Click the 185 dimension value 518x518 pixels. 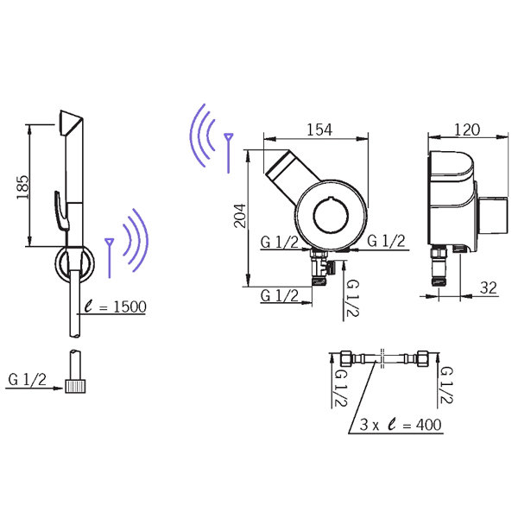pyautogui.click(x=23, y=187)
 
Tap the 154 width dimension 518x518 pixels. pyautogui.click(x=319, y=129)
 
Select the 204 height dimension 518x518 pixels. pyautogui.click(x=240, y=216)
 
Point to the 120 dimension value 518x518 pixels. pyautogui.click(x=467, y=129)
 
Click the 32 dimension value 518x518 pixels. pyautogui.click(x=489, y=288)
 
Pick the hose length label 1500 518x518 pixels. pyautogui.click(x=129, y=306)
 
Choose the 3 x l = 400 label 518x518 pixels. pyautogui.click(x=401, y=425)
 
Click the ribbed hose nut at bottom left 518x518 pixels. pyautogui.click(x=75, y=386)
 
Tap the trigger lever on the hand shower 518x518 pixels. pyautogui.click(x=61, y=211)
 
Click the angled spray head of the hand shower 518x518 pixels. pyautogui.click(x=71, y=123)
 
